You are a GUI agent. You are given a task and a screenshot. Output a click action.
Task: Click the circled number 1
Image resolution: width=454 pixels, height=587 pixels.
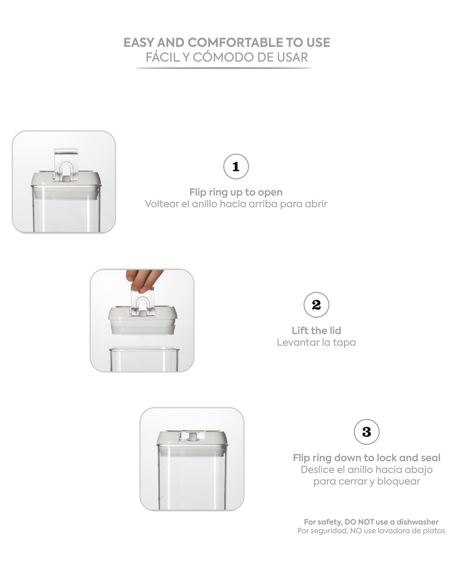(236, 167)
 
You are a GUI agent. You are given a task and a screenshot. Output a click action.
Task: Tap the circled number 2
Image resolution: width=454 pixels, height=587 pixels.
(316, 305)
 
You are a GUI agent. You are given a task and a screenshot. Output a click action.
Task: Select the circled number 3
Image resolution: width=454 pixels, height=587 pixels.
(367, 432)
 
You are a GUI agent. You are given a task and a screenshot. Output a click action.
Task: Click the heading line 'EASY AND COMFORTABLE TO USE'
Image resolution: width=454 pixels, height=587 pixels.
(227, 43)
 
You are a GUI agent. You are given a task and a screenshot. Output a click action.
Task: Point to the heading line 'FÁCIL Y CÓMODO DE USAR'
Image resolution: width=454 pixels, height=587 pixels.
(227, 57)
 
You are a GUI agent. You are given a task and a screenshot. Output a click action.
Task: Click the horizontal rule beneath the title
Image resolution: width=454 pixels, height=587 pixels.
(224, 68)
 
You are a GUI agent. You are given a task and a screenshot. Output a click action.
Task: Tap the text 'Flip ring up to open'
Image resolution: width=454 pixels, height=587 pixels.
(236, 192)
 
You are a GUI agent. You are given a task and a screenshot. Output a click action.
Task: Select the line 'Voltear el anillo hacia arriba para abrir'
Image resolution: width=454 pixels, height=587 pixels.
(236, 204)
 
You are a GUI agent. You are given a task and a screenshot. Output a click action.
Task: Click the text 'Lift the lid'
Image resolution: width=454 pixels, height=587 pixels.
(316, 330)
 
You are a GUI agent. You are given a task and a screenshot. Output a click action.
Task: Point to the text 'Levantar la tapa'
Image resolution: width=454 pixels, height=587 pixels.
(316, 343)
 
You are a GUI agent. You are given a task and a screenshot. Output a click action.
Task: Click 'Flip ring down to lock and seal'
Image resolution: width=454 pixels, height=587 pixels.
(367, 458)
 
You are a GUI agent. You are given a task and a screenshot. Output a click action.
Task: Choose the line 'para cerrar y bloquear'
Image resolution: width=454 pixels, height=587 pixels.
(367, 481)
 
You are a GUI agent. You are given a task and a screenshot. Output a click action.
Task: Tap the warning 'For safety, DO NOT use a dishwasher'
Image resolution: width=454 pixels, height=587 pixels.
(371, 522)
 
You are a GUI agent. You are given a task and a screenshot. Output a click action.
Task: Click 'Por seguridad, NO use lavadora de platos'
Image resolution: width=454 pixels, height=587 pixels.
(371, 531)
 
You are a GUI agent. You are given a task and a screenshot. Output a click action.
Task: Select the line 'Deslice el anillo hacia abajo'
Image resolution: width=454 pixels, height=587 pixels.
(367, 470)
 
